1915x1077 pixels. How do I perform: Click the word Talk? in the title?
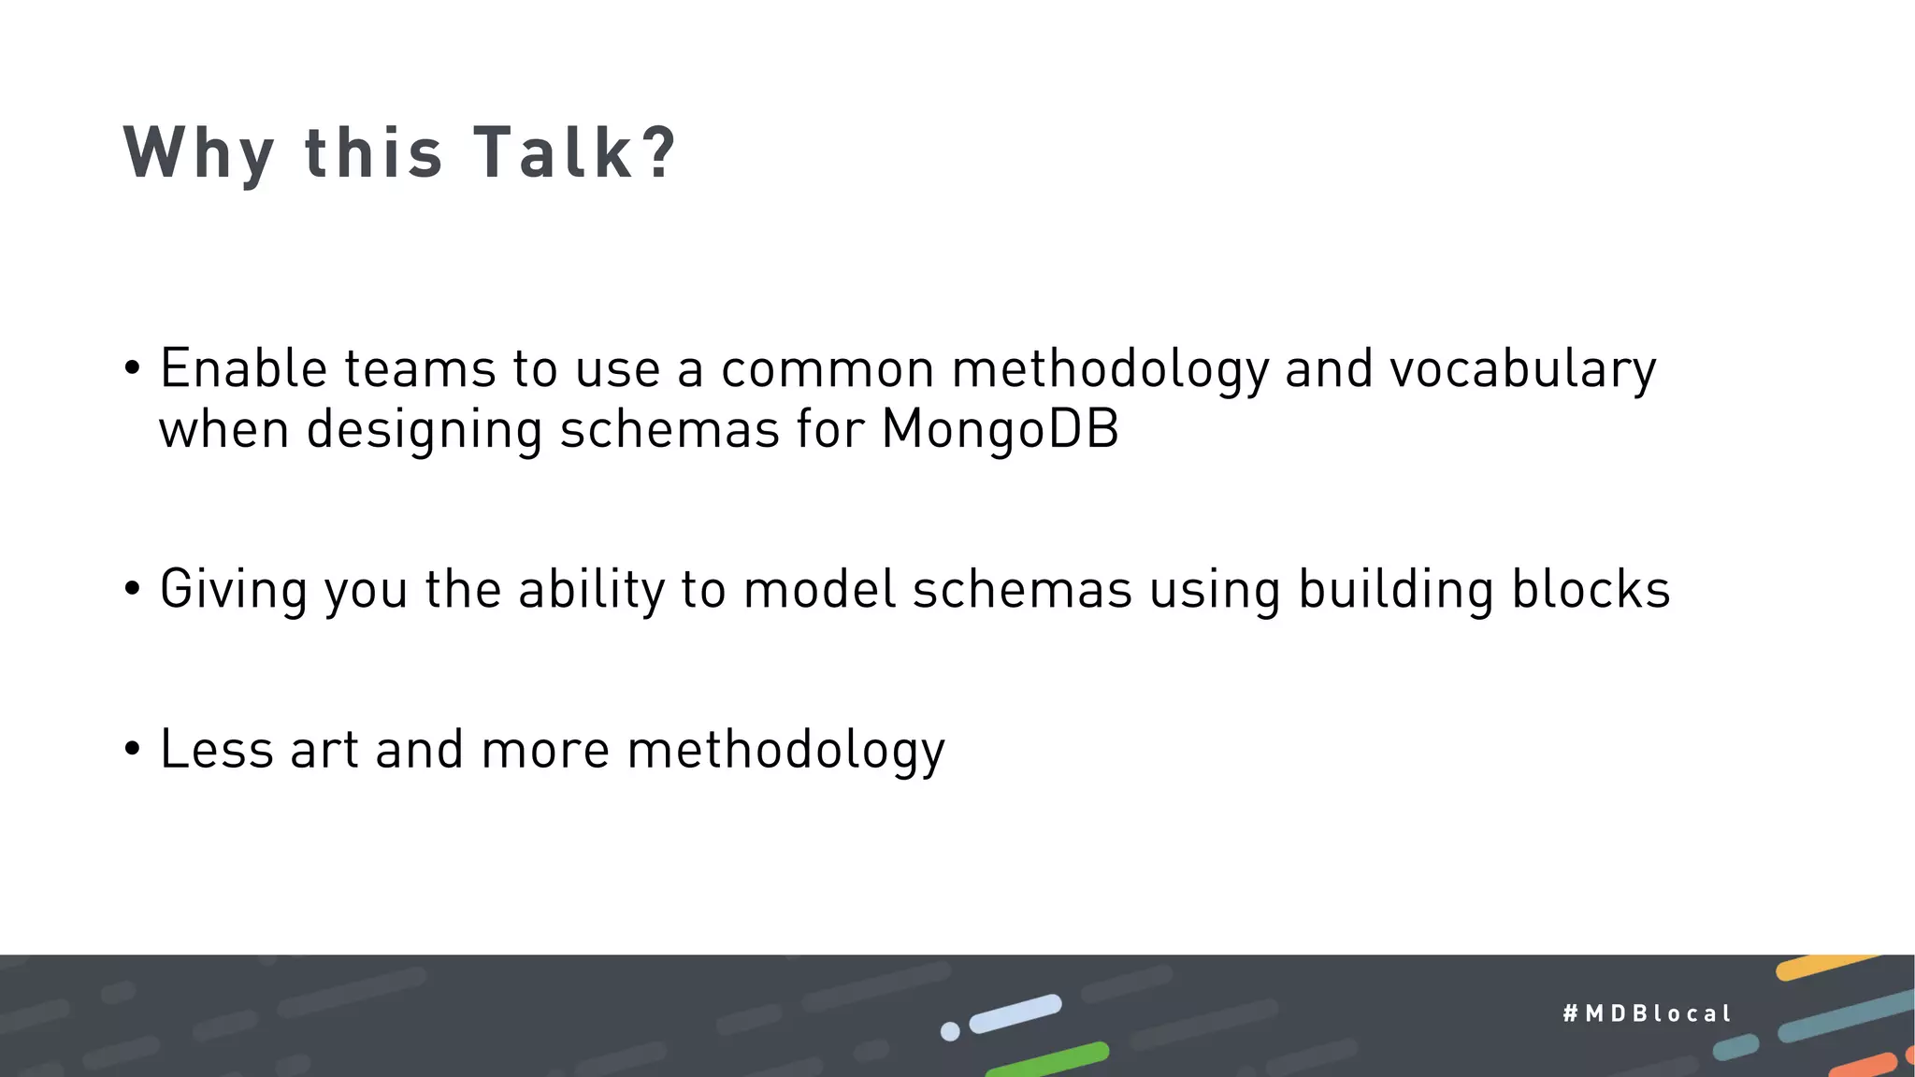pyautogui.click(x=574, y=152)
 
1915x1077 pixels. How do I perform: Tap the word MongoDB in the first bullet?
pyautogui.click(x=1000, y=430)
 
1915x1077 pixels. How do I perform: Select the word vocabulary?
pyautogui.click(x=1522, y=369)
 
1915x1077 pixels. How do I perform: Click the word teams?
pyautogui.click(x=420, y=368)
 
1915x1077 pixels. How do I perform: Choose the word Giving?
pyautogui.click(x=233, y=591)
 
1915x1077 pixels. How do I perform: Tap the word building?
pyautogui.click(x=1396, y=591)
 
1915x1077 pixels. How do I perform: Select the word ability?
pyautogui.click(x=590, y=591)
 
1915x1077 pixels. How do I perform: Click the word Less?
pyautogui.click(x=216, y=750)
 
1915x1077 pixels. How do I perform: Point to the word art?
pyautogui.click(x=324, y=751)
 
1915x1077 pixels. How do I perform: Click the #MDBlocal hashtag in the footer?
pyautogui.click(x=1647, y=1013)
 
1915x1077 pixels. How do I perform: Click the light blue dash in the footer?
pyautogui.click(x=1015, y=1013)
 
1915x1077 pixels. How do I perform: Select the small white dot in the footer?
pyautogui.click(x=950, y=1031)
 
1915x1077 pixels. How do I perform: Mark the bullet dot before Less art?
pyautogui.click(x=132, y=750)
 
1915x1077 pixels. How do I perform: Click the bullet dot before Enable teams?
pyautogui.click(x=132, y=368)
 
